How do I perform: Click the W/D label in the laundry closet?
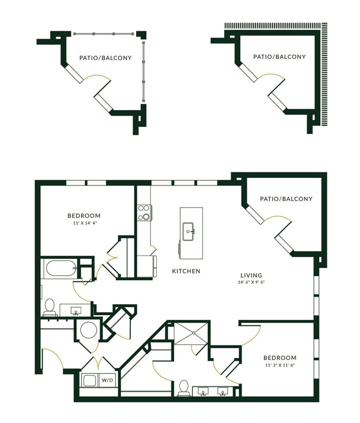108,380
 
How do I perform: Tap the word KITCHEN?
186,271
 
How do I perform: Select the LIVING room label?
251,275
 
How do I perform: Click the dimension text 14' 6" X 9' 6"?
251,282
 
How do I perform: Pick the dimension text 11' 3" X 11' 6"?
280,365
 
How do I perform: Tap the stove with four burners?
144,213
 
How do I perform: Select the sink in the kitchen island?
189,231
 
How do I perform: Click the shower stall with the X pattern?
190,333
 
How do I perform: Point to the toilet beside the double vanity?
184,387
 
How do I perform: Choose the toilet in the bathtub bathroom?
50,307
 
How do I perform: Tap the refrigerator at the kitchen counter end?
147,266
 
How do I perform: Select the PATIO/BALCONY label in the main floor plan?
286,199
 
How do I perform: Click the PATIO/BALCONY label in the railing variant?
105,58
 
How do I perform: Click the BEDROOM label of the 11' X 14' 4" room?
84,216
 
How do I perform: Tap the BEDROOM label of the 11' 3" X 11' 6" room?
280,358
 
